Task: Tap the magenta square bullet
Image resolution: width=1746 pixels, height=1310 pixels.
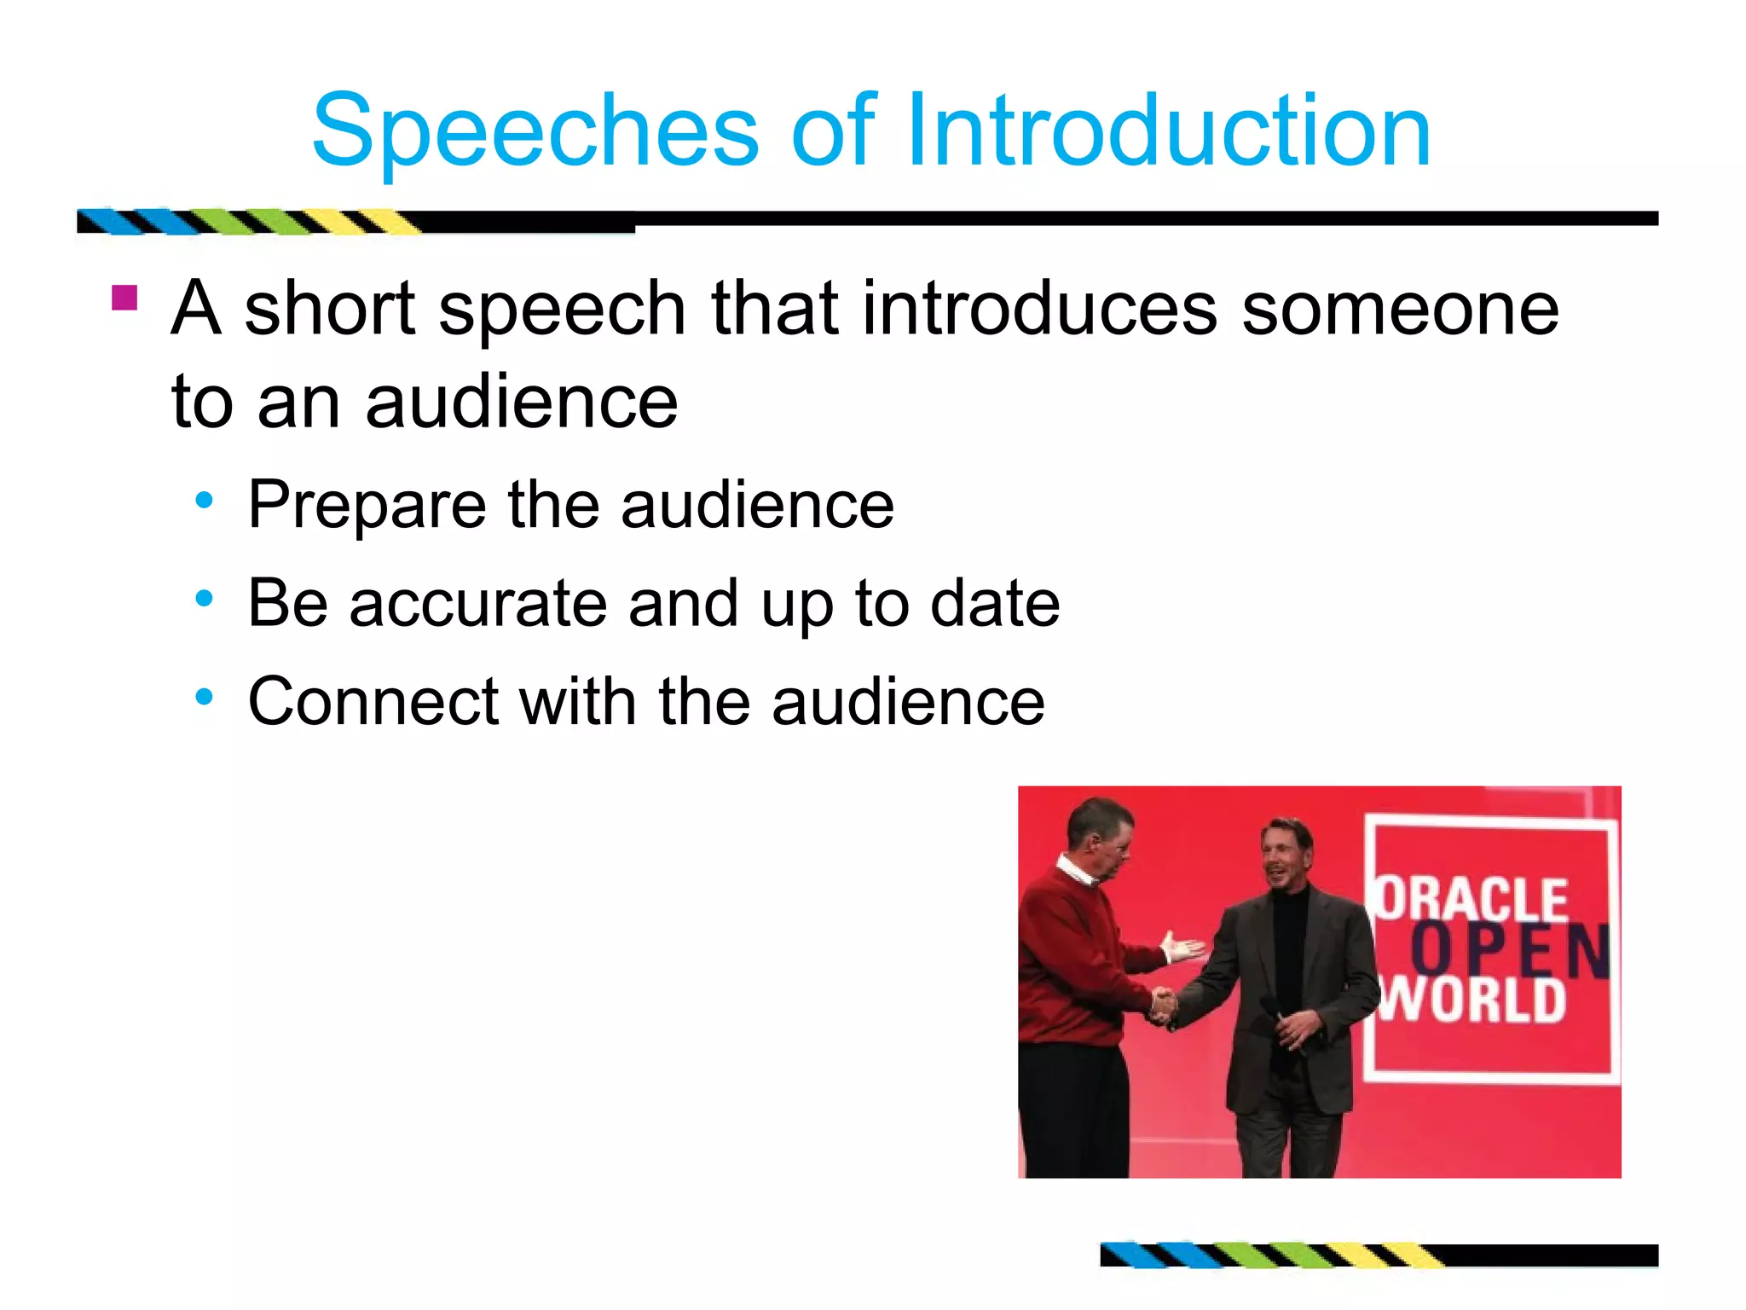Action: point(124,298)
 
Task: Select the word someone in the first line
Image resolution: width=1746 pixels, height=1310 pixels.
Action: point(1400,309)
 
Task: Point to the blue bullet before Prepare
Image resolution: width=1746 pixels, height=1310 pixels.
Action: point(204,501)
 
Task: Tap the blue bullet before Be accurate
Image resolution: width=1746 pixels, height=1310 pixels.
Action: point(204,599)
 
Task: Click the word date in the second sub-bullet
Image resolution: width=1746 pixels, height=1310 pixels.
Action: point(994,604)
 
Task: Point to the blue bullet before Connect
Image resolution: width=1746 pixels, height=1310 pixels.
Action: point(204,698)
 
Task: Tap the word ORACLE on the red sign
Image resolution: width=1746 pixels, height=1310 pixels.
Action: point(1472,900)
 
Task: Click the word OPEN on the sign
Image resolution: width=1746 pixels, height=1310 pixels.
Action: point(1509,949)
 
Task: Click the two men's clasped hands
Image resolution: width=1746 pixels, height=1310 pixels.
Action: point(1161,1004)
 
